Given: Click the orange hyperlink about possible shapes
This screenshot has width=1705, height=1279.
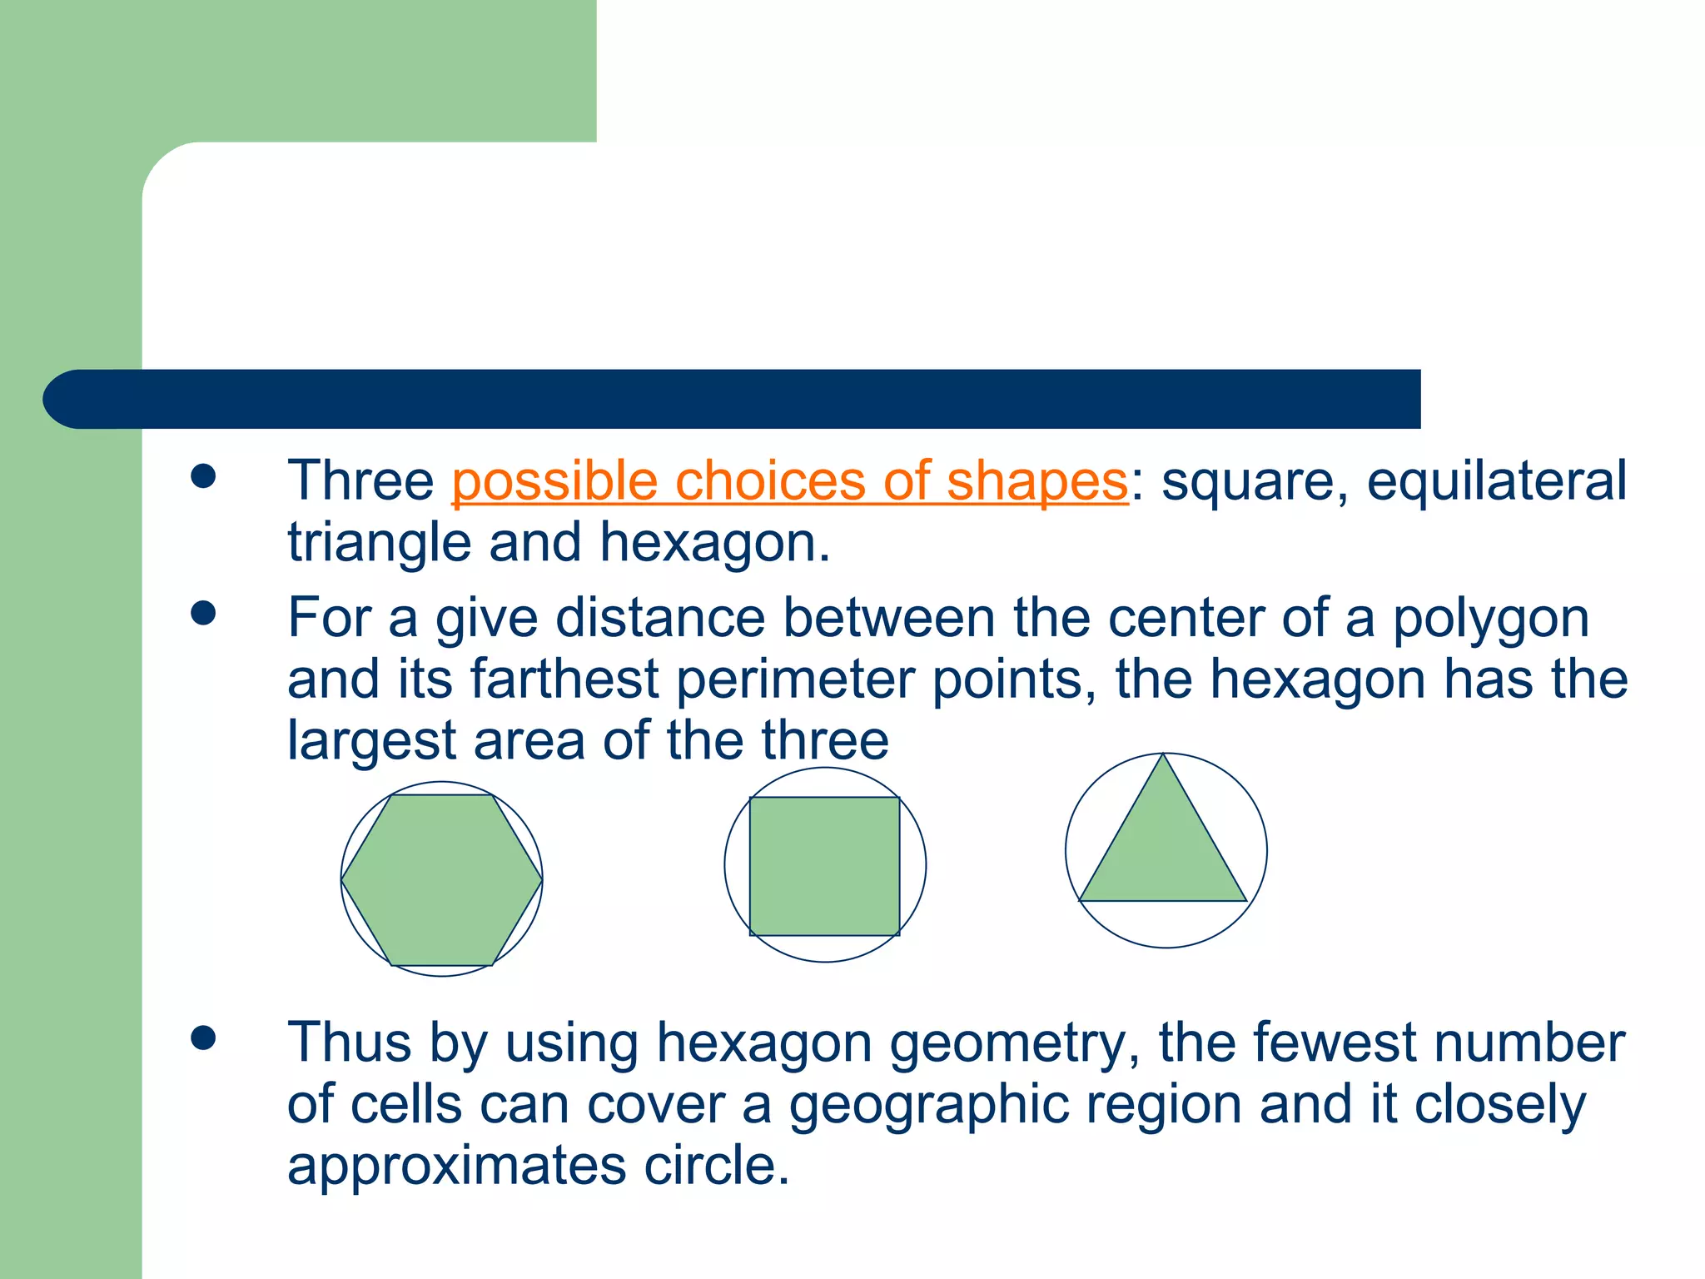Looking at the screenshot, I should pos(789,481).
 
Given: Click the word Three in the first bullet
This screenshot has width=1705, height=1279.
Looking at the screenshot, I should pos(360,481).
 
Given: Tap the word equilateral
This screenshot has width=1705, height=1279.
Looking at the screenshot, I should pos(1496,481).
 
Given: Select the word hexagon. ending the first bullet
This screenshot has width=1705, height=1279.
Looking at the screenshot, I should pos(714,543).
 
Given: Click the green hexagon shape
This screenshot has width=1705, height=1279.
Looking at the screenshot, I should pos(442,880).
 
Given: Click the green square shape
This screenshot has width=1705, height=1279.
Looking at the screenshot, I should pos(824,866).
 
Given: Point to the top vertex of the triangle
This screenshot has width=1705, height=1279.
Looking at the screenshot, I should pos(1164,755).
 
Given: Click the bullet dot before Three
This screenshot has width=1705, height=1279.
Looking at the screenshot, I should pos(203,477).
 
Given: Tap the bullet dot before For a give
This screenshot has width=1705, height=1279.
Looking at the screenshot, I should pos(203,614).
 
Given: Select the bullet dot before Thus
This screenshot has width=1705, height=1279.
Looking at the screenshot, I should pos(203,1038).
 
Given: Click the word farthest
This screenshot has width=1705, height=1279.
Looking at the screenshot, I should pos(564,679).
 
